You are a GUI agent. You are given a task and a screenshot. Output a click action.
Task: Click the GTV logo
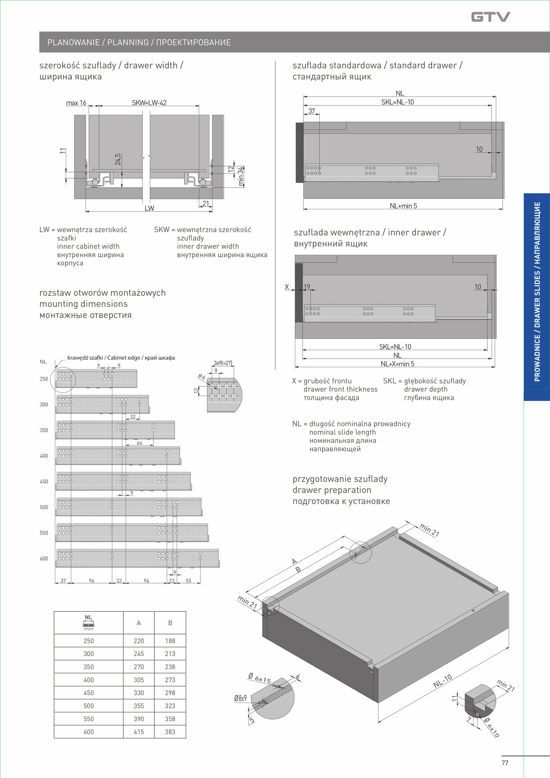pyautogui.click(x=490, y=17)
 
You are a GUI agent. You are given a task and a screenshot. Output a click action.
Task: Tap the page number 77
pyautogui.click(x=505, y=763)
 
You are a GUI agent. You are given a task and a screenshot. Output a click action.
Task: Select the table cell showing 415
pyautogui.click(x=139, y=732)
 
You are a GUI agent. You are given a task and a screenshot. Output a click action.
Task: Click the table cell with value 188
pyautogui.click(x=170, y=641)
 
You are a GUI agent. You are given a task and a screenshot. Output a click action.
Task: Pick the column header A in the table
pyautogui.click(x=139, y=623)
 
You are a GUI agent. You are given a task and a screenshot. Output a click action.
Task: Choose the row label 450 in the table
pyautogui.click(x=89, y=693)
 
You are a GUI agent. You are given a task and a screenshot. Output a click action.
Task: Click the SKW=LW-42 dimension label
pyautogui.click(x=149, y=103)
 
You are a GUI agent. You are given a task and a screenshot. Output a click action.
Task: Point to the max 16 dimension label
pyautogui.click(x=76, y=103)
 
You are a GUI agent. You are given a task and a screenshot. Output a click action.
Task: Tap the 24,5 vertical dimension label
pyautogui.click(x=118, y=159)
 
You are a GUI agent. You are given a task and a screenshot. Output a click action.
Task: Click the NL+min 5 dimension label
pyautogui.click(x=403, y=206)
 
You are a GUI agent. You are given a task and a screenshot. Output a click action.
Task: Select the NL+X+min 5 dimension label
pyautogui.click(x=397, y=364)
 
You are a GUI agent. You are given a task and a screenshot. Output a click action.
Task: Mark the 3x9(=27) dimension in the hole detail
pyautogui.click(x=223, y=363)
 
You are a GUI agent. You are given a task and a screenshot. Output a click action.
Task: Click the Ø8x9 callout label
pyautogui.click(x=240, y=698)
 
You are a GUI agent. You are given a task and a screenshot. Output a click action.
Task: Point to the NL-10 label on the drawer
pyautogui.click(x=443, y=680)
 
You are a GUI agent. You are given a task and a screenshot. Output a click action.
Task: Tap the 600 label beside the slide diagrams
pyautogui.click(x=44, y=559)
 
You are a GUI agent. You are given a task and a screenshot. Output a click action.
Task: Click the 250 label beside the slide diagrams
pyautogui.click(x=44, y=379)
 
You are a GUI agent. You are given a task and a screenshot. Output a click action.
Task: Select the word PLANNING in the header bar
pyautogui.click(x=128, y=42)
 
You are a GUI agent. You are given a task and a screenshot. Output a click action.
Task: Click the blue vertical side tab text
pyautogui.click(x=537, y=292)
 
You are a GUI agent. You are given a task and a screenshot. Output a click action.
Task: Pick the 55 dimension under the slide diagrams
pyautogui.click(x=189, y=581)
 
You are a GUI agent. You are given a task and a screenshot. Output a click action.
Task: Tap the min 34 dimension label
pyautogui.click(x=241, y=176)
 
